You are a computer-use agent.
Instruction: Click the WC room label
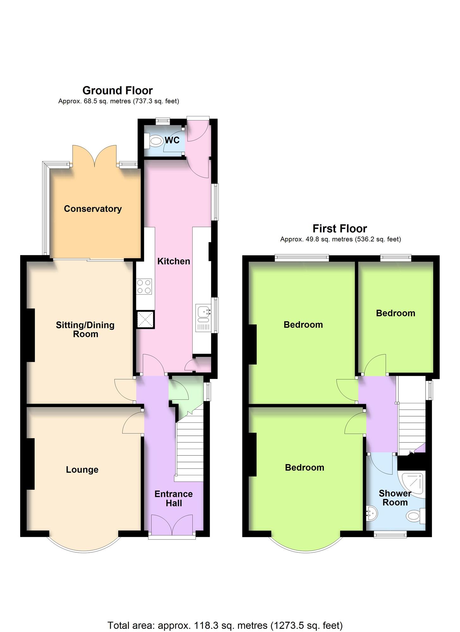coord(172,140)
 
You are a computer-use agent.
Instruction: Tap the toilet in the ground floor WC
coord(153,141)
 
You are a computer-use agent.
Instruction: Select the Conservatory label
coord(93,209)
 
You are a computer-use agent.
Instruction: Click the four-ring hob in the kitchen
coord(144,287)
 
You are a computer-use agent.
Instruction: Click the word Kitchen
coord(174,261)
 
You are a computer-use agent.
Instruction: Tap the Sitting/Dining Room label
coord(85,329)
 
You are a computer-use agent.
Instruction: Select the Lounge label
coord(82,470)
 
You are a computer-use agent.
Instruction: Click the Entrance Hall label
coord(174,498)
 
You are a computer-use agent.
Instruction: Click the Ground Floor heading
coord(118,91)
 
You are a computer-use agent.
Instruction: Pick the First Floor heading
coord(340,228)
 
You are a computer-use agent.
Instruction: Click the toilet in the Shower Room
coord(416,517)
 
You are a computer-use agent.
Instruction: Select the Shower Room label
coord(395,498)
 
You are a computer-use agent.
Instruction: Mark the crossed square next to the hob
coord(145,319)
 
